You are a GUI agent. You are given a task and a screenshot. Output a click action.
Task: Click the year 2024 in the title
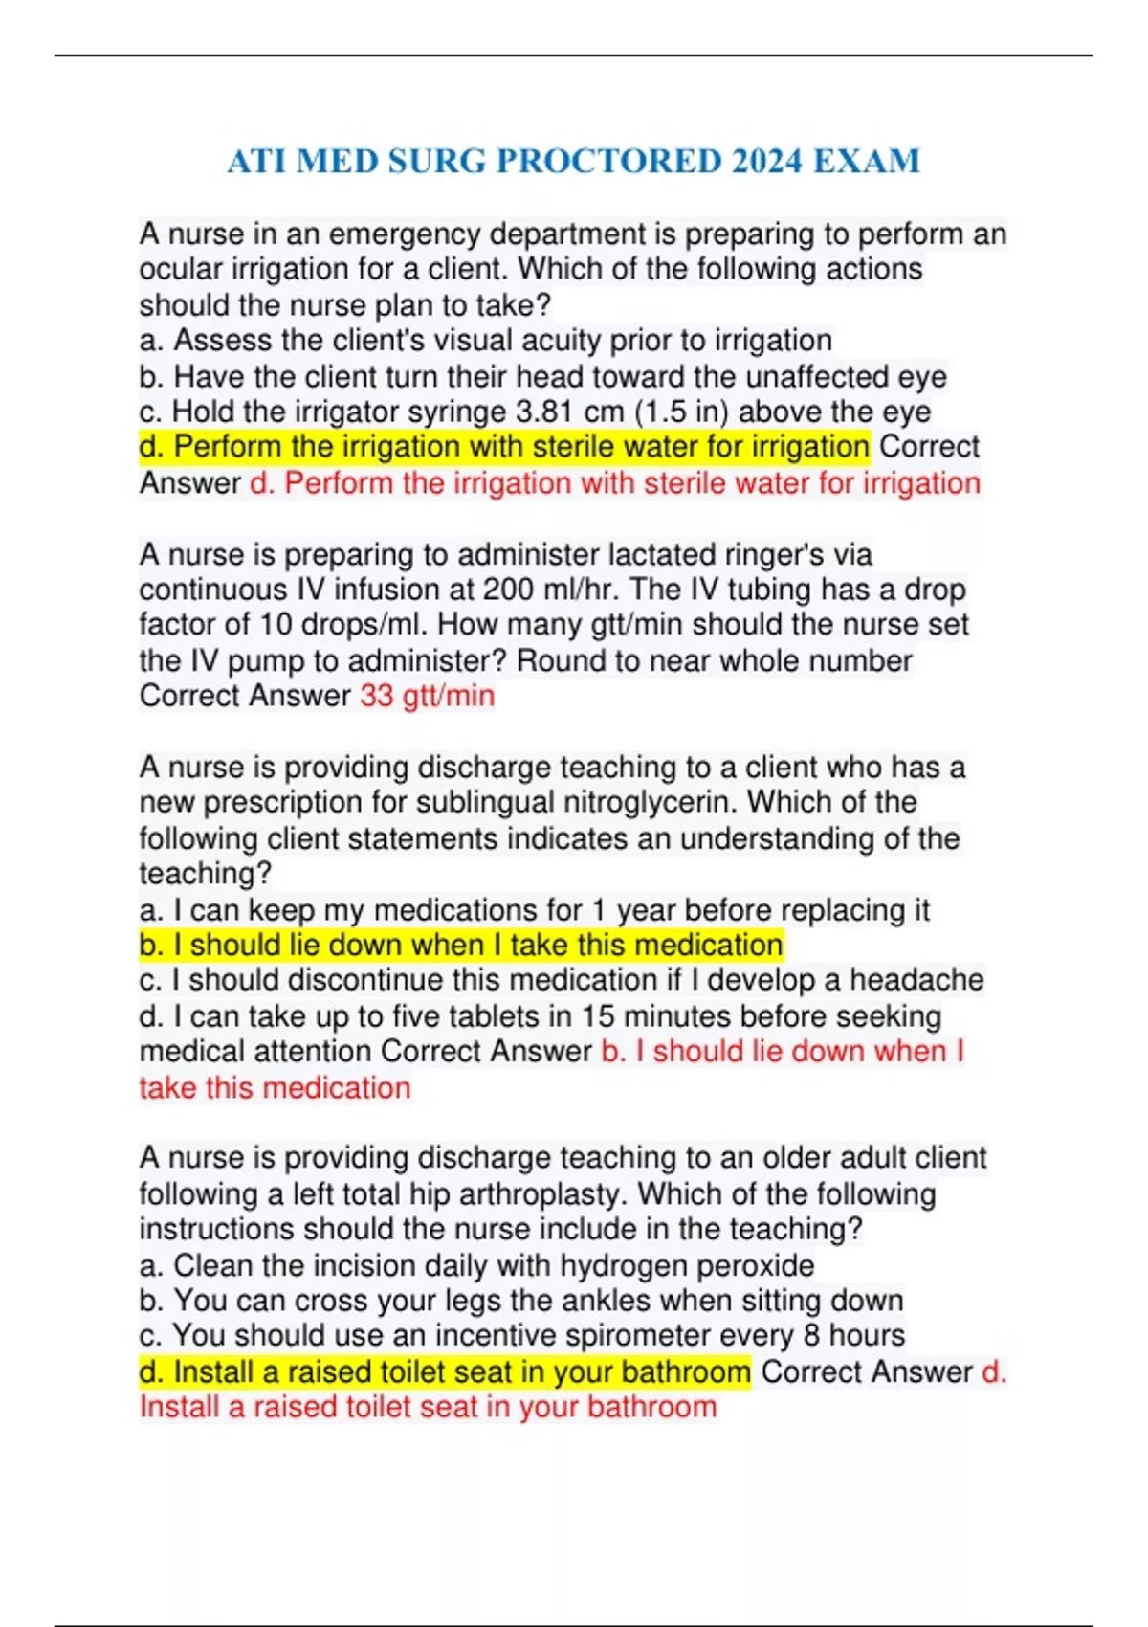click(x=766, y=161)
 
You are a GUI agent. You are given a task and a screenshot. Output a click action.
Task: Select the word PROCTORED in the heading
click(x=608, y=161)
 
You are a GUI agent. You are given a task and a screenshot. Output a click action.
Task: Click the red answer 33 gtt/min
click(x=427, y=696)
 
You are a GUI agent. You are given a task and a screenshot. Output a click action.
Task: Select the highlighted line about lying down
click(x=460, y=945)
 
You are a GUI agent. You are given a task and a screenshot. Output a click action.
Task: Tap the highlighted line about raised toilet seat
click(x=445, y=1371)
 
